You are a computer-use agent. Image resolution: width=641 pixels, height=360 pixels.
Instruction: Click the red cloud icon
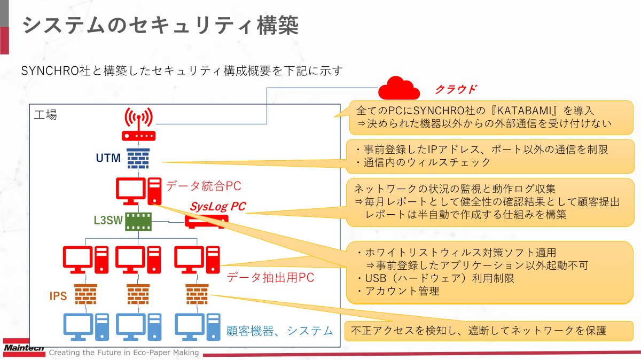click(x=398, y=88)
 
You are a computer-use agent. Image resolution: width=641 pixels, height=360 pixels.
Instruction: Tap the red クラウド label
click(x=455, y=89)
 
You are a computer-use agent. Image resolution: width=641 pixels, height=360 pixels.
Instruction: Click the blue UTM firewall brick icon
click(x=138, y=158)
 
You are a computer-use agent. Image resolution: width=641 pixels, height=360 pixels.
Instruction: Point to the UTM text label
click(x=108, y=158)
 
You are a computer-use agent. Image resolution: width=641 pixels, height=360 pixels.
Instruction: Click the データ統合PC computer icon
click(x=138, y=191)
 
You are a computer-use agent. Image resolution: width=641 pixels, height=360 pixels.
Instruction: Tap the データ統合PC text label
click(x=204, y=186)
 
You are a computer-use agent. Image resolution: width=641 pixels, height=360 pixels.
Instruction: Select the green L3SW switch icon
click(x=138, y=221)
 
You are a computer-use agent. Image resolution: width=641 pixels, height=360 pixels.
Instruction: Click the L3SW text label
click(x=108, y=220)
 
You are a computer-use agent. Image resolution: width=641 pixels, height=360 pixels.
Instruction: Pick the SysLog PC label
click(x=218, y=206)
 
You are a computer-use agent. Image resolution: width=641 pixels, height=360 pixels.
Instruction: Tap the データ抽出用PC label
click(x=270, y=277)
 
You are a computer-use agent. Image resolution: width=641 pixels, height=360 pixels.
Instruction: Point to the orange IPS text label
click(x=58, y=296)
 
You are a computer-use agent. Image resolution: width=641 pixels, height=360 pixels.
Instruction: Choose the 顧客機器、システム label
click(x=280, y=331)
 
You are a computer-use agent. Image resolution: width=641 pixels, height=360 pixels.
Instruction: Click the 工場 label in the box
click(x=45, y=114)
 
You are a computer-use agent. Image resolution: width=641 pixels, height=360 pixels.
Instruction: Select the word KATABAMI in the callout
click(x=522, y=111)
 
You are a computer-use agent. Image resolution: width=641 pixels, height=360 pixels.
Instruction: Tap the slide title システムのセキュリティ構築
click(x=160, y=25)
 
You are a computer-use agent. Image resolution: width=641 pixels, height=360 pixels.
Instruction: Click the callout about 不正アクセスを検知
click(x=486, y=330)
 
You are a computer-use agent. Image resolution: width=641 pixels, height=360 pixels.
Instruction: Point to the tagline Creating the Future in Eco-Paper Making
click(x=124, y=353)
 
